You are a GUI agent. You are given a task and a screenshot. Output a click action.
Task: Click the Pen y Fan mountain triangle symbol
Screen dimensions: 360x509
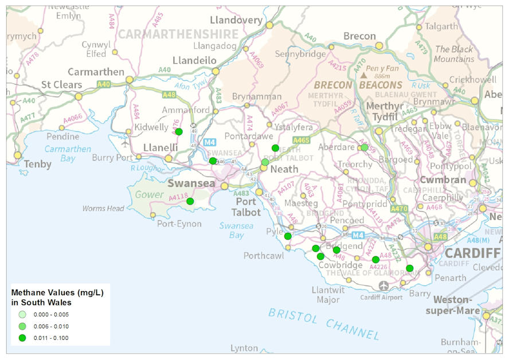pyautogui.click(x=363, y=75)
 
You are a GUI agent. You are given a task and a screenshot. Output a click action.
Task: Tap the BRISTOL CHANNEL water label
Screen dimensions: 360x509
pyautogui.click(x=324, y=323)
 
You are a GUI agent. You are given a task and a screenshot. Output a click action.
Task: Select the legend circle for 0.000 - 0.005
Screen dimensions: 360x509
pyautogui.click(x=22, y=315)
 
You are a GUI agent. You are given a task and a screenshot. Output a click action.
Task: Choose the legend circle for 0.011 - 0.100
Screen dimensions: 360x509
pyautogui.click(x=22, y=338)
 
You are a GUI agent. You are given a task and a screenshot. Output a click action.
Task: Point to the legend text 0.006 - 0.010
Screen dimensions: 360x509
pyautogui.click(x=52, y=326)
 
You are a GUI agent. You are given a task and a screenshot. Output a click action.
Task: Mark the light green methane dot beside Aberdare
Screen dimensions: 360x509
pyautogui.click(x=364, y=147)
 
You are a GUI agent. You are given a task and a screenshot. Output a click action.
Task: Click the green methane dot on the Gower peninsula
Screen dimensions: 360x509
pyautogui.click(x=190, y=201)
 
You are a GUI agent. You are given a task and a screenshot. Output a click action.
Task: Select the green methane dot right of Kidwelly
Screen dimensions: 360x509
pyautogui.click(x=179, y=132)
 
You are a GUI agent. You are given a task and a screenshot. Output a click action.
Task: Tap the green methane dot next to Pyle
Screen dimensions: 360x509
pyautogui.click(x=288, y=236)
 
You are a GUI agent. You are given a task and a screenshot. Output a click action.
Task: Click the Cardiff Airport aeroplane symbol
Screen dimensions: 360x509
pyautogui.click(x=383, y=285)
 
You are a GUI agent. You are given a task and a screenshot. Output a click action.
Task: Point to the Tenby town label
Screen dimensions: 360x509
pyautogui.click(x=38, y=165)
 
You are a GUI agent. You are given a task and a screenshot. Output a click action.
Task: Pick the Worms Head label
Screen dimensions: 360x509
pyautogui.click(x=103, y=208)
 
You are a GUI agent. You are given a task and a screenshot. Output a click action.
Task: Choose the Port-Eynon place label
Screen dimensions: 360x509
pyautogui.click(x=179, y=224)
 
